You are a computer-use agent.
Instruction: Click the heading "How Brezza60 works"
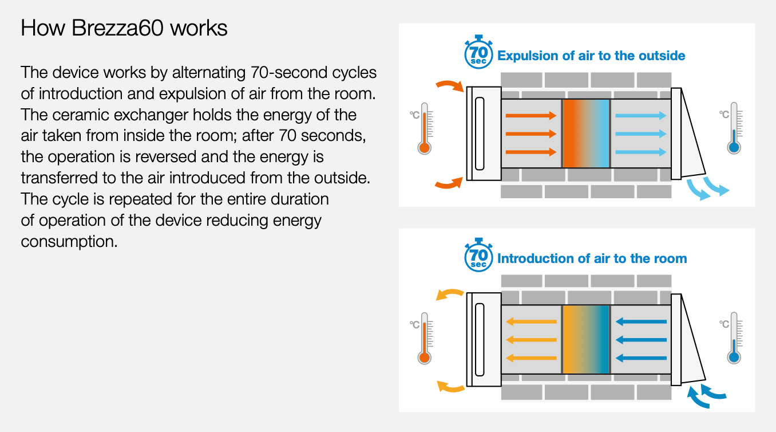124,28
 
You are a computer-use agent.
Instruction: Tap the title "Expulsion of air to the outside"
591,56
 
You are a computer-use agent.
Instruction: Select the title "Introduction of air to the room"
592,258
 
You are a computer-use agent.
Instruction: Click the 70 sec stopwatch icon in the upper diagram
478,53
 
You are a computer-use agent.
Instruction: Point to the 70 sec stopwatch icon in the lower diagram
478,256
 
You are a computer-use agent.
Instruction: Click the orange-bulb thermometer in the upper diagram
424,128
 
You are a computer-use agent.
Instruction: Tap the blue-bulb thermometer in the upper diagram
734,128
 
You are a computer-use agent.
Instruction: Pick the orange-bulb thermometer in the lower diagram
424,338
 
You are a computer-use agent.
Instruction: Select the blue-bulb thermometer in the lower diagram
734,338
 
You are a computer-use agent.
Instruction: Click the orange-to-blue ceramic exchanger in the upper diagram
586,133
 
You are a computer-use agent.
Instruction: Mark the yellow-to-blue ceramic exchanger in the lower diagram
586,340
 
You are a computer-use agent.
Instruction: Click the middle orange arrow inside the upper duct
530,133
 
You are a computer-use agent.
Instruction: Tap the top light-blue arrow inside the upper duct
640,116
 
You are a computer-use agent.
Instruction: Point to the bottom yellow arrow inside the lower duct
530,358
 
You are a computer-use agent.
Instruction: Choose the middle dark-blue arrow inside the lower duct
640,340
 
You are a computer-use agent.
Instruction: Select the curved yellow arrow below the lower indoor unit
450,387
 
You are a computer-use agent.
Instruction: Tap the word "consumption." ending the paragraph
69,241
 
